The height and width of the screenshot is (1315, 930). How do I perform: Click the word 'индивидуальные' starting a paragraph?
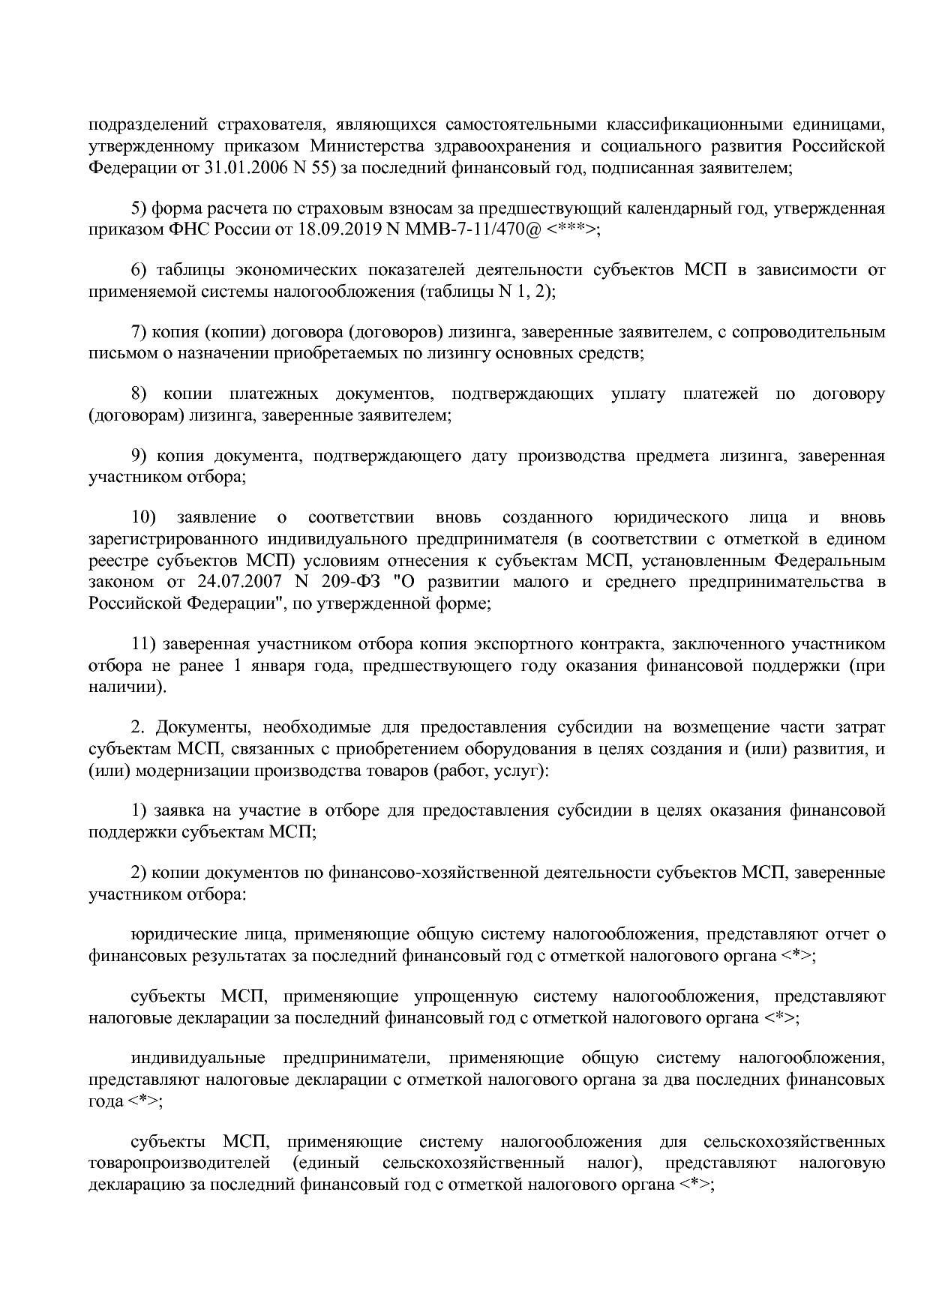[198, 1059]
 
